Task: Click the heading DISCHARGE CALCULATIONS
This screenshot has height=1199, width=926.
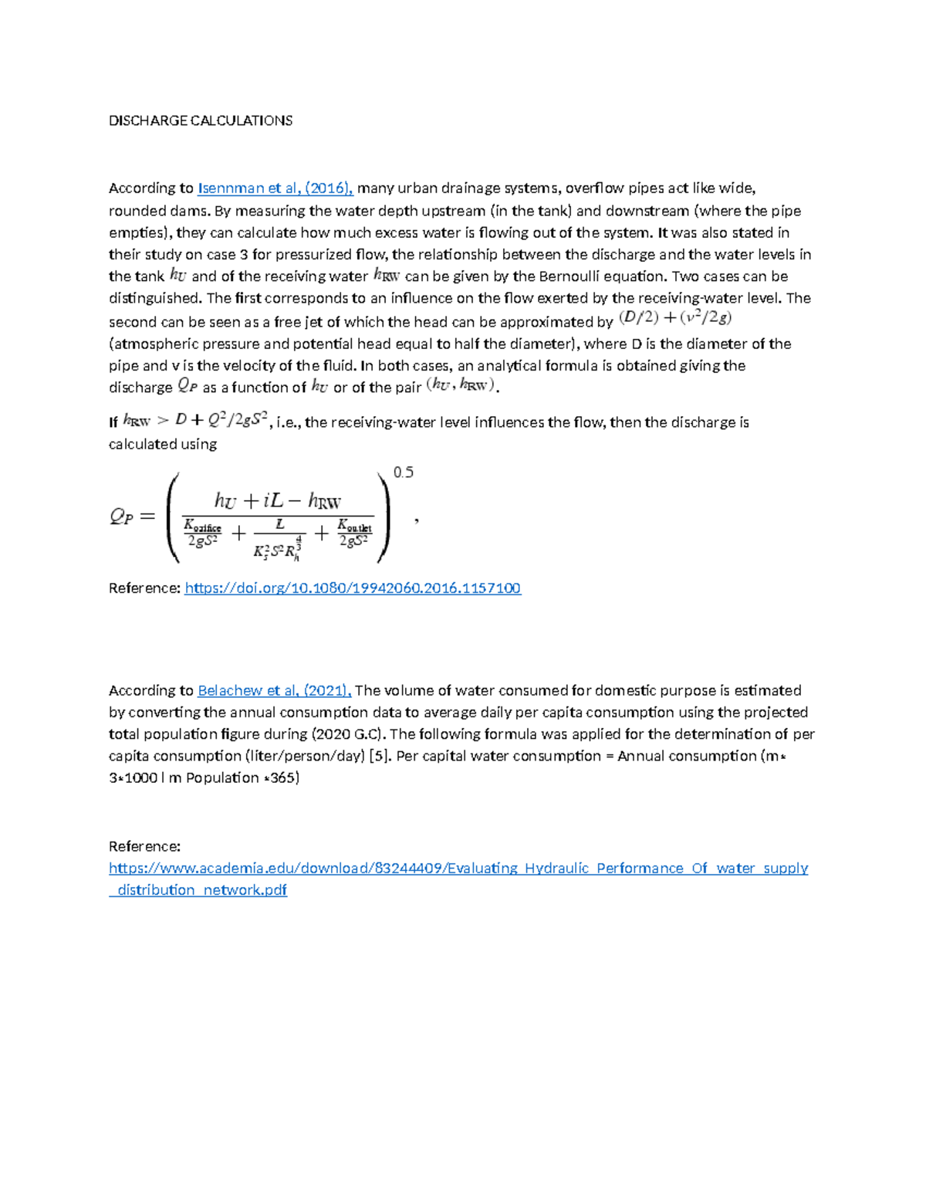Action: click(x=201, y=120)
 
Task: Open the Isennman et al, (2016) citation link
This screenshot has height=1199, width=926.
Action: click(x=275, y=188)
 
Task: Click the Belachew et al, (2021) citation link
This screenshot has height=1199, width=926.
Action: click(x=275, y=691)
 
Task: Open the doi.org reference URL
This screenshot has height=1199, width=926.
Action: click(x=353, y=588)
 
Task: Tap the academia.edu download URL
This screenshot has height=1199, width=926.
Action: click(x=458, y=869)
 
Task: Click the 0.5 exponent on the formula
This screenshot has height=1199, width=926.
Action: click(x=404, y=472)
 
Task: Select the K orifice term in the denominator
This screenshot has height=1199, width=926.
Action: click(x=203, y=533)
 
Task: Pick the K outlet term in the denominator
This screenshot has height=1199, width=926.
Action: click(x=355, y=533)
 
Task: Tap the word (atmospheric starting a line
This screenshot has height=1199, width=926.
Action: click(x=149, y=344)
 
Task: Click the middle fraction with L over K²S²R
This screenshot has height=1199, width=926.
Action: click(x=279, y=538)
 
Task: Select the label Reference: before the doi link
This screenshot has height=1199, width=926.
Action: click(x=144, y=588)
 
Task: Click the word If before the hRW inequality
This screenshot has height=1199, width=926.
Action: click(x=113, y=422)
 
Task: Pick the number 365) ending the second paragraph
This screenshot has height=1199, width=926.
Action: click(x=285, y=777)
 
